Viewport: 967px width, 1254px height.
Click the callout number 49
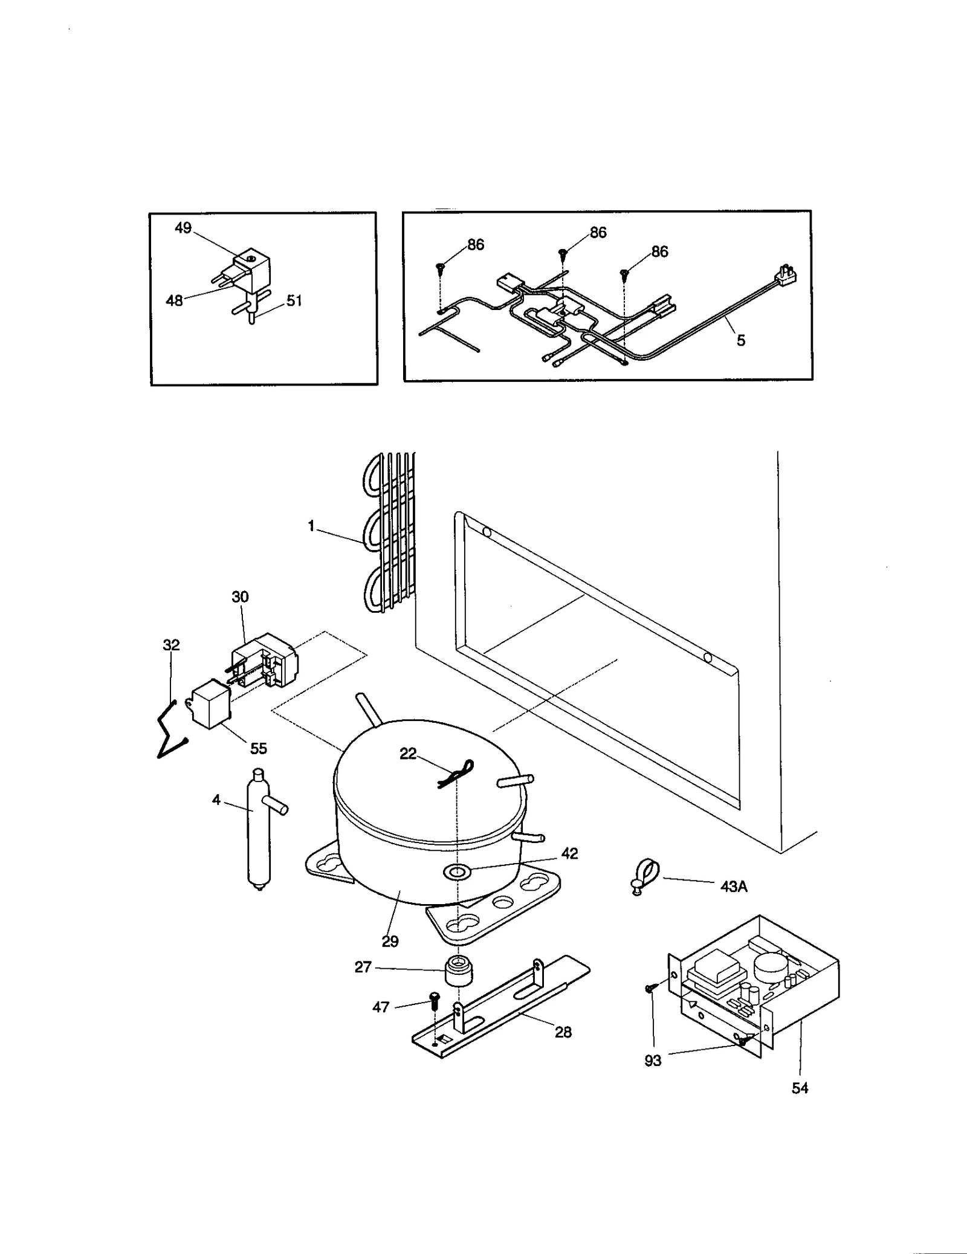[183, 228]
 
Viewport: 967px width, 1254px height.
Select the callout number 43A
[734, 887]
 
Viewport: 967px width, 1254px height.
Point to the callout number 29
[390, 941]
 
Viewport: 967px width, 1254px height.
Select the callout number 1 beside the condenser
[311, 526]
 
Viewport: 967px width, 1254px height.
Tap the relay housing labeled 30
[264, 660]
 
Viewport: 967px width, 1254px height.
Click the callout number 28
[563, 1032]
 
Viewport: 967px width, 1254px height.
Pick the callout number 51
[294, 300]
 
